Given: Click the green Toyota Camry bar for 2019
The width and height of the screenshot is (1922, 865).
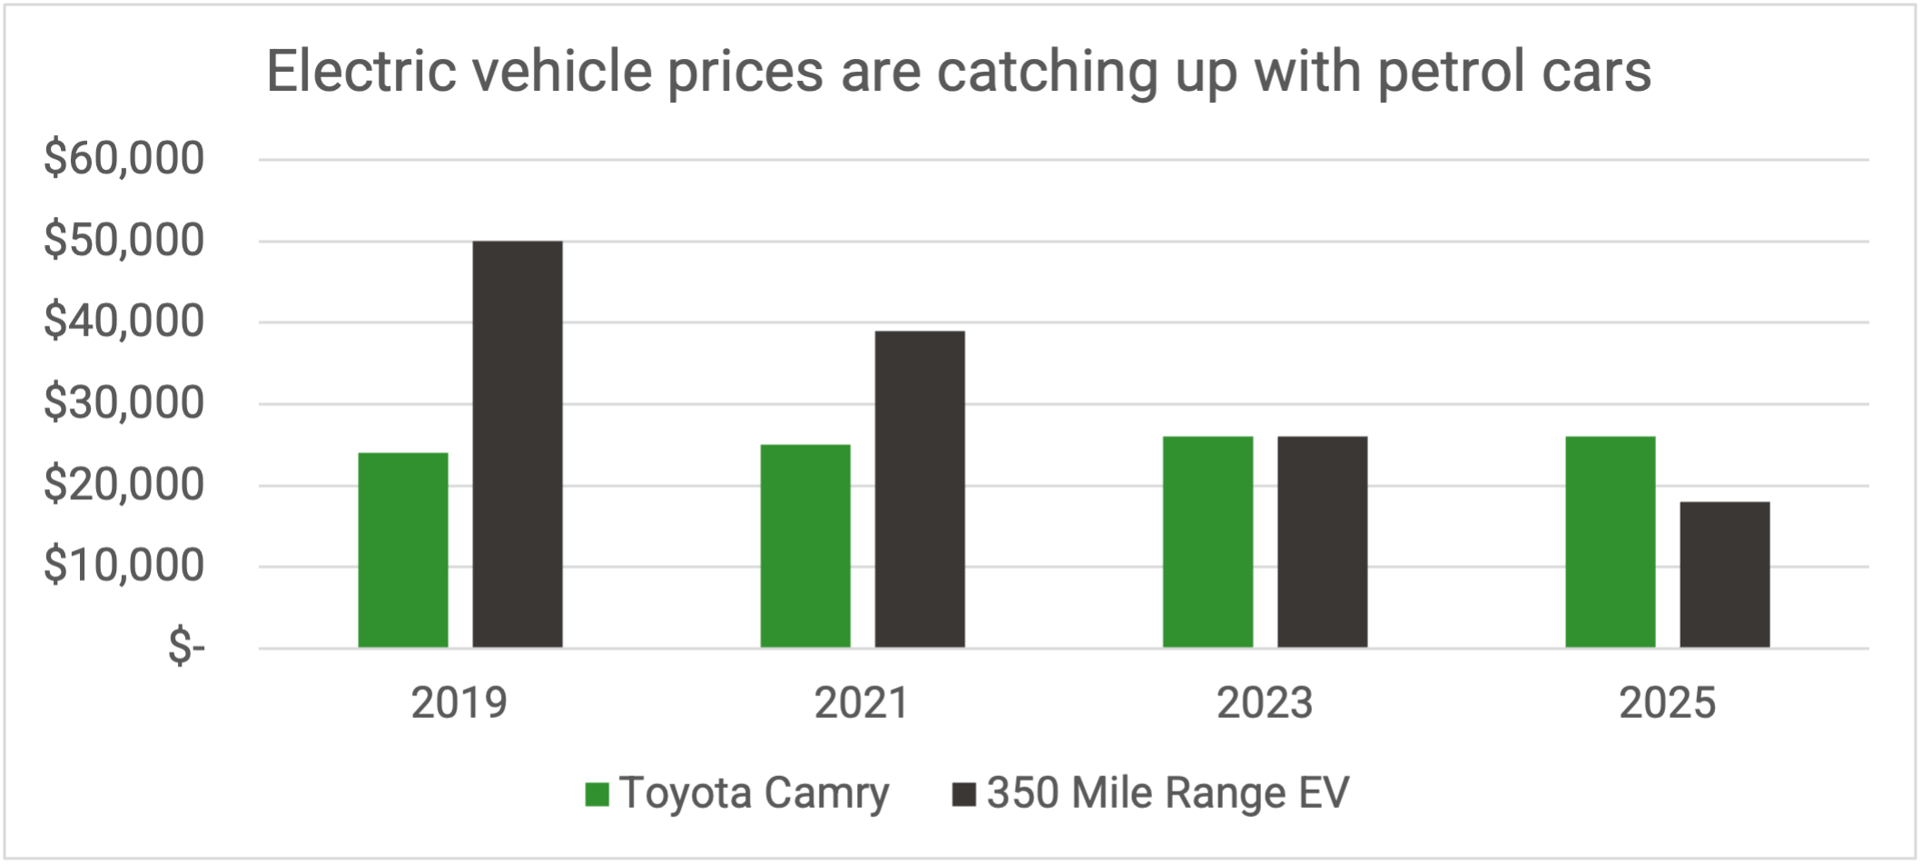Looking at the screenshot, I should coord(403,550).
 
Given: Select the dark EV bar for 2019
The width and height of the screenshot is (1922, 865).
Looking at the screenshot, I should coord(517,445).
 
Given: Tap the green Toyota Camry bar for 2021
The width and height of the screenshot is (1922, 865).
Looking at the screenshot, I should coord(805,546).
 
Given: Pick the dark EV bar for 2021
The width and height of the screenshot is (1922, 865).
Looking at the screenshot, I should coord(920,489).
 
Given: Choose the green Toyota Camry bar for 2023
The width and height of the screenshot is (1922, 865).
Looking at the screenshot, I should coord(1207,542).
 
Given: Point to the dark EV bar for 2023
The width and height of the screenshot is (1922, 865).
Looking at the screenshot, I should coord(1322,542).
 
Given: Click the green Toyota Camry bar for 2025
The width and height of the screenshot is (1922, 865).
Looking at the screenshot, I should coord(1610,542).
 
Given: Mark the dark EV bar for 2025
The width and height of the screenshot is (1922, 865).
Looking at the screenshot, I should coord(1724,575).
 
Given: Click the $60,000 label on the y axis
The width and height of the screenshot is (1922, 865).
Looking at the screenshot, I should coord(124,159).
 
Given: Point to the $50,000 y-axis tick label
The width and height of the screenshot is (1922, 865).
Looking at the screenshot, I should coord(124,241).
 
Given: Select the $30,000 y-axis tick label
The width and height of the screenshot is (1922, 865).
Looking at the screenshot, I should coord(124,403).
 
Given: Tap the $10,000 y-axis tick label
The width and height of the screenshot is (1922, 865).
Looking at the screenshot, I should coord(124,565).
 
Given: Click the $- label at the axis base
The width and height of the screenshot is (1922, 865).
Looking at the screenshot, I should coord(186,647).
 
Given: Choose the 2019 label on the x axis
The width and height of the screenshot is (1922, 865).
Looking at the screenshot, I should coord(458,703).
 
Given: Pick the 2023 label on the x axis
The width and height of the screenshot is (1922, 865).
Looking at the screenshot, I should coord(1264,703).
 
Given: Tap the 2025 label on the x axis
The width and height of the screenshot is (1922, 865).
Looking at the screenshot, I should coord(1667,703).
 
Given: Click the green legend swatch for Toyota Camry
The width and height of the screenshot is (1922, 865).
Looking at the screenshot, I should coord(596,794).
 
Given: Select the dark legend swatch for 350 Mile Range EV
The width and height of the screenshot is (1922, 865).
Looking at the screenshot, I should coord(963,794).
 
